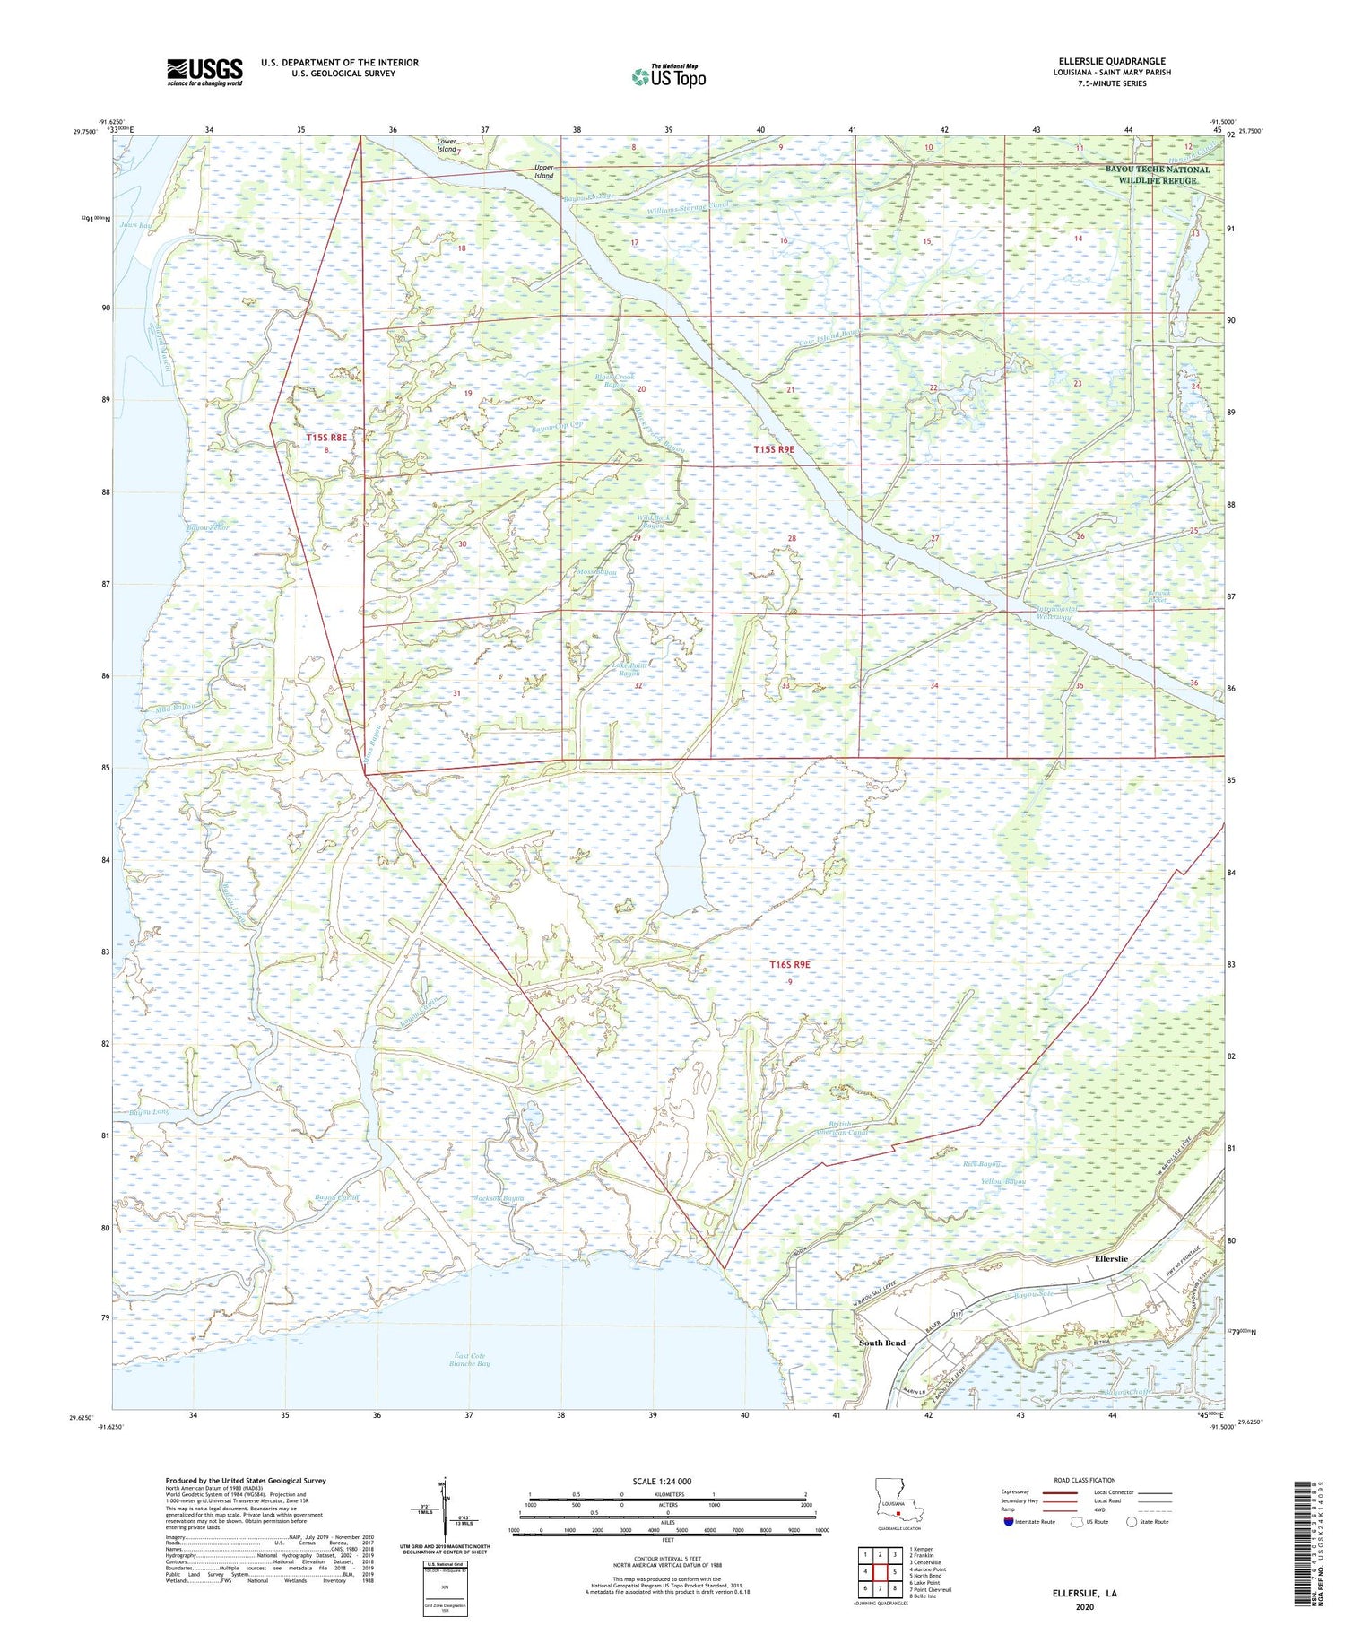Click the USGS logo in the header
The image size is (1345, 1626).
(x=204, y=71)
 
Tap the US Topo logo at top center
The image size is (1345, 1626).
(x=668, y=76)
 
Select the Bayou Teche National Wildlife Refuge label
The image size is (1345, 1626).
(x=1157, y=175)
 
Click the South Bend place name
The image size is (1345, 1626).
(x=882, y=1343)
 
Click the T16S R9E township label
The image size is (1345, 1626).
(x=790, y=965)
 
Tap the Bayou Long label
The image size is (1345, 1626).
(x=149, y=1113)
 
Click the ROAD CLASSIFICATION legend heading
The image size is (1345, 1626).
(x=1084, y=1480)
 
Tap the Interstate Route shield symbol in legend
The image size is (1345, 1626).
(x=1009, y=1522)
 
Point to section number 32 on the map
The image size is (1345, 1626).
(x=638, y=685)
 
